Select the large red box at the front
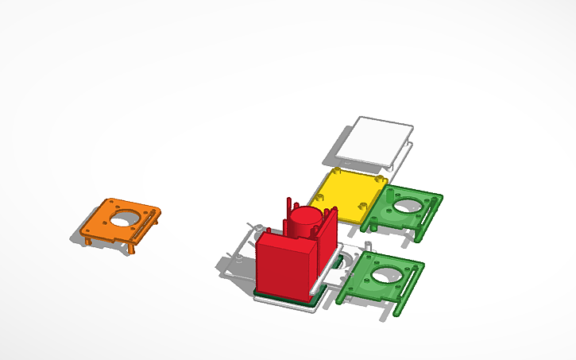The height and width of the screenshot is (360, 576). tap(284, 265)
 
